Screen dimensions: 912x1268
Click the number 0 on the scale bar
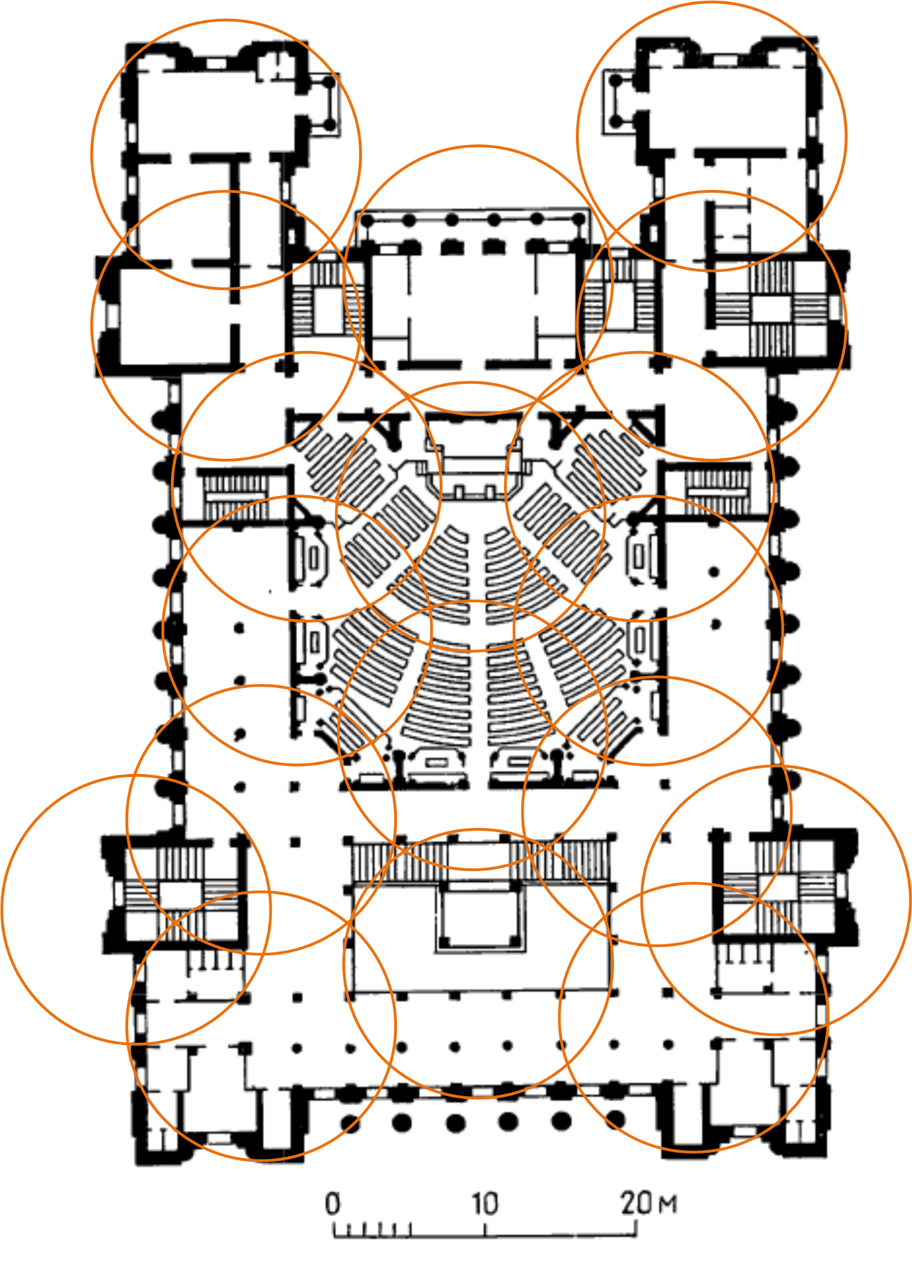[332, 1204]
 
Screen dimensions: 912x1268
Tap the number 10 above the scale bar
[485, 1204]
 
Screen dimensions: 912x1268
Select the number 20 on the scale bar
[637, 1204]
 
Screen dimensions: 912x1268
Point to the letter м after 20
[668, 1205]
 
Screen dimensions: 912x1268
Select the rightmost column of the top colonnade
[579, 219]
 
